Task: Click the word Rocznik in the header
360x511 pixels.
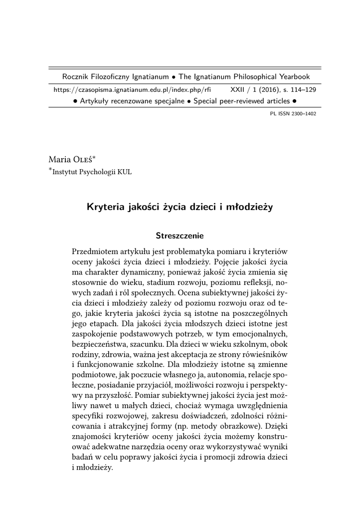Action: tap(74, 77)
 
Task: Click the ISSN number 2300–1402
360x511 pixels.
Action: tap(300, 114)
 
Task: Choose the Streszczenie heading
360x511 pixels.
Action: tap(180, 235)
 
